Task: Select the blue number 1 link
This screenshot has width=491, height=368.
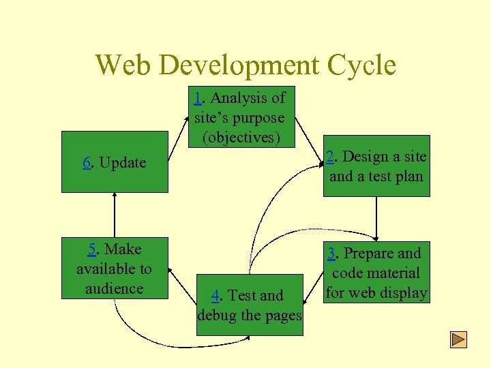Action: coord(198,98)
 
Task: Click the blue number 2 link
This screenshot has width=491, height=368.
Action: coord(330,157)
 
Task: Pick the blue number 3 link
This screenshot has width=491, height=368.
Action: coord(331,254)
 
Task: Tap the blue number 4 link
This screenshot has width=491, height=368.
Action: coord(215,296)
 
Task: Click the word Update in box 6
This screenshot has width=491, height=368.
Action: coord(123,163)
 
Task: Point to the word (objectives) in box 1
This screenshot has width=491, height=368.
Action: coord(241,137)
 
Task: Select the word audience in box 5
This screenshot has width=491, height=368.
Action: coord(115,288)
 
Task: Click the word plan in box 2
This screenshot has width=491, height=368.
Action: coord(407,177)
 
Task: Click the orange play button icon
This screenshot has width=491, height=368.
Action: coord(459,339)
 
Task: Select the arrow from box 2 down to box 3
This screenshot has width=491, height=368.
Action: coord(376,218)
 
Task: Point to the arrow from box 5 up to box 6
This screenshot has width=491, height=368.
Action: coord(115,215)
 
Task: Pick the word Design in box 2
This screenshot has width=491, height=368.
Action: coord(362,157)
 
